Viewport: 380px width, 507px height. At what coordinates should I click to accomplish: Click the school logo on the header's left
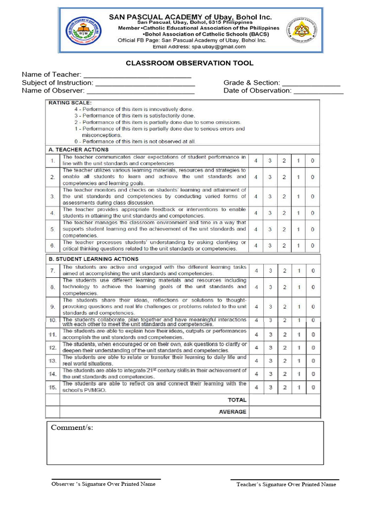tap(83, 30)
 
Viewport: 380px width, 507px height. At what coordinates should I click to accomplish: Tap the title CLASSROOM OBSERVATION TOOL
tap(190, 63)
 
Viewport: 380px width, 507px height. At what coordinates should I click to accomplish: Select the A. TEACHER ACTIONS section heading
tap(78, 150)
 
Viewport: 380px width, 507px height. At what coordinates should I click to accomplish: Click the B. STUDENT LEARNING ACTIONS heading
tap(93, 259)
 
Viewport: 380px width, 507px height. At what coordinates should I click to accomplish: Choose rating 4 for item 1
tap(256, 161)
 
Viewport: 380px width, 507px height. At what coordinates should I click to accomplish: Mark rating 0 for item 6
tap(313, 246)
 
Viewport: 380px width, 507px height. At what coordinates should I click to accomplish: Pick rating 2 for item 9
tap(285, 306)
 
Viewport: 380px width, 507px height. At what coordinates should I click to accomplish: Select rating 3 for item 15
tap(270, 387)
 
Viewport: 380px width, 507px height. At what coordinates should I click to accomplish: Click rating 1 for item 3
tap(298, 197)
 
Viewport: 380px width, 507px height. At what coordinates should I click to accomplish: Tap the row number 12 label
tap(52, 348)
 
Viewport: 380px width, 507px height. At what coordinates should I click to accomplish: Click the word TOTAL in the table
tap(237, 400)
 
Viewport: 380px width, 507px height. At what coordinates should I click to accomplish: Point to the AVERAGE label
tap(232, 412)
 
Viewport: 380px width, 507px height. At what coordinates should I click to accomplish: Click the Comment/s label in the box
tap(72, 428)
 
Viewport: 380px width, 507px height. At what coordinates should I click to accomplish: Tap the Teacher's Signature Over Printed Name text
tap(286, 485)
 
